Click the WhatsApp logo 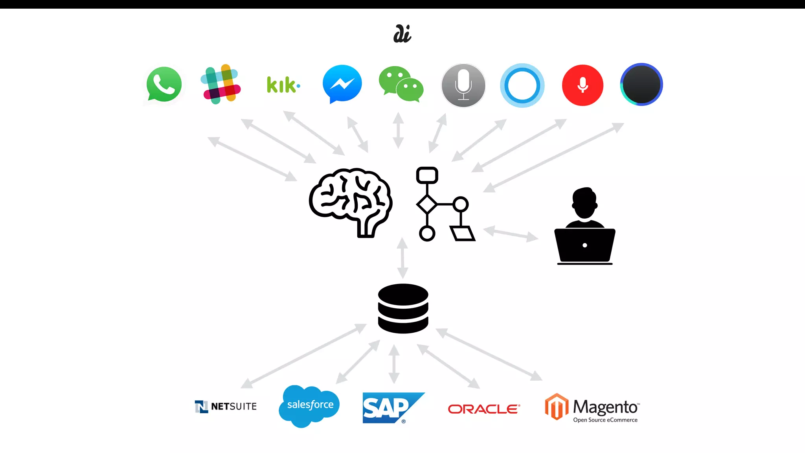(164, 84)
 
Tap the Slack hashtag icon (221, 84)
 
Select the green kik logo (283, 85)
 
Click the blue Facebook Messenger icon (342, 84)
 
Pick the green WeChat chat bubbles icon (401, 84)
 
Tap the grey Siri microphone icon (463, 85)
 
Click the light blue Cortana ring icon (522, 85)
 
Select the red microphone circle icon (583, 85)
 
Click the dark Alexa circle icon (641, 85)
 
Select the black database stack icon (403, 308)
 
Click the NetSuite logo (226, 406)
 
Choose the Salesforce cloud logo (309, 405)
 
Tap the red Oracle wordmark (484, 409)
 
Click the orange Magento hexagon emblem (556, 407)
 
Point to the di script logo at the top (402, 34)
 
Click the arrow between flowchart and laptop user (510, 234)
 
